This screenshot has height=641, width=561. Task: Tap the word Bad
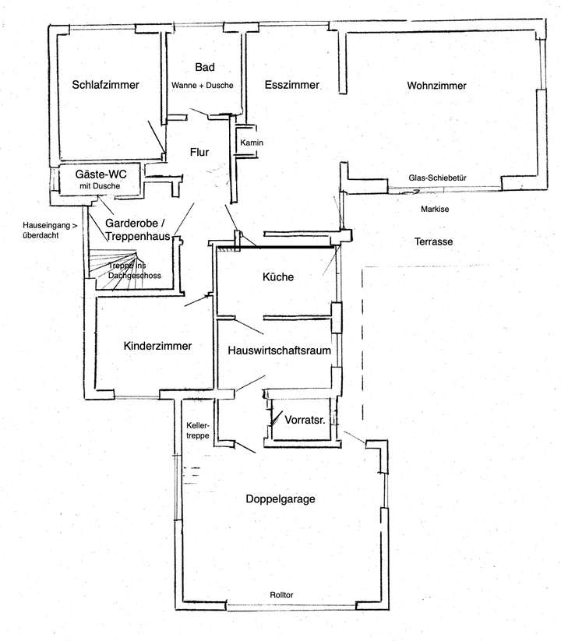click(204, 68)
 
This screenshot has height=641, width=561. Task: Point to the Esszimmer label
click(291, 86)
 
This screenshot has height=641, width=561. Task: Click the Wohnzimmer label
click(436, 86)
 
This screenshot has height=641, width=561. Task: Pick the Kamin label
click(252, 143)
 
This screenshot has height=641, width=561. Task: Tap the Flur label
click(199, 153)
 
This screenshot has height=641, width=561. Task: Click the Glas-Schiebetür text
click(437, 178)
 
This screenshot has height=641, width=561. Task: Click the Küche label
click(277, 276)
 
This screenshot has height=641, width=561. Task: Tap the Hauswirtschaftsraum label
click(280, 351)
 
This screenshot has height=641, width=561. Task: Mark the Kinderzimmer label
click(157, 345)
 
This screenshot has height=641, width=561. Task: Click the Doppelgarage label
click(280, 499)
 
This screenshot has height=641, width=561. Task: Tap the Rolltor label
click(283, 595)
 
